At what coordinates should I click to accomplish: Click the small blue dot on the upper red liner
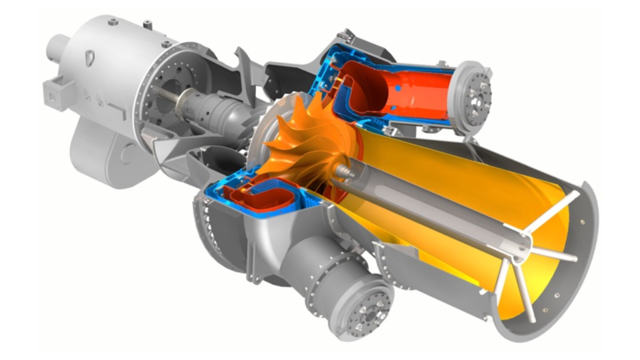click(398, 88)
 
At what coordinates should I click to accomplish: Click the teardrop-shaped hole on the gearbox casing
click(90, 57)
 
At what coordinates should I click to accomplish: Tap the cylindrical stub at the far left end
click(57, 47)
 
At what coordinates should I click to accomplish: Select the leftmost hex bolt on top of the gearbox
click(113, 22)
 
